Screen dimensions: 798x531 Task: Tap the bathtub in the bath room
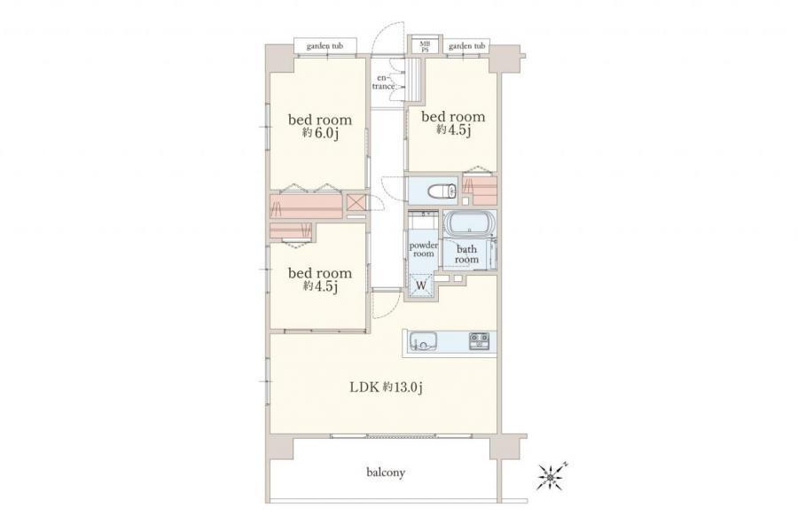click(469, 223)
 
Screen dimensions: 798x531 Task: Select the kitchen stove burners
click(480, 340)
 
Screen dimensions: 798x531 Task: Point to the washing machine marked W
click(421, 285)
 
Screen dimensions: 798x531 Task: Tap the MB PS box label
click(425, 47)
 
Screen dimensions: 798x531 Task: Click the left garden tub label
click(325, 46)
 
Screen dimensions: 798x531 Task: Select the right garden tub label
click(466, 46)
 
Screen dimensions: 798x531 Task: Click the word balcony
click(386, 472)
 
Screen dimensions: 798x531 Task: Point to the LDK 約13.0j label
click(387, 387)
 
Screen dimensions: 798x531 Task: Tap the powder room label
click(424, 249)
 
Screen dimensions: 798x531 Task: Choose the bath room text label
click(466, 254)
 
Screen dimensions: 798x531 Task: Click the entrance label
click(384, 82)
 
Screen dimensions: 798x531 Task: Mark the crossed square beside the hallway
click(356, 202)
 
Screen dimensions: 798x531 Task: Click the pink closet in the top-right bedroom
click(481, 189)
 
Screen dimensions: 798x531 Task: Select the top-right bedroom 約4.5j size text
click(453, 130)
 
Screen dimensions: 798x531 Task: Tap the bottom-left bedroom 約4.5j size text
click(320, 286)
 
